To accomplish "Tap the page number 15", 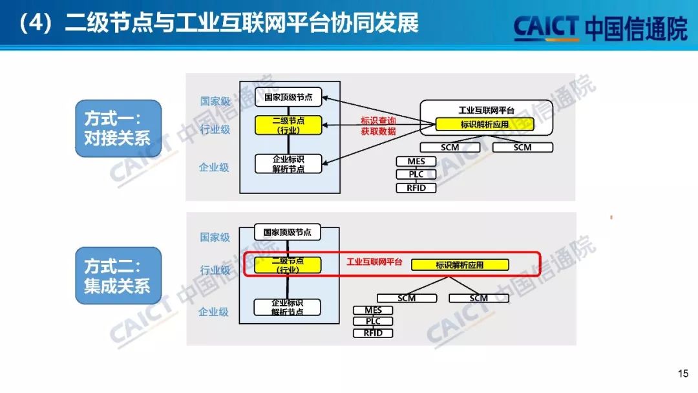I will click(x=682, y=374).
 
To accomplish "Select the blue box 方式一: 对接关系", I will click(x=117, y=128).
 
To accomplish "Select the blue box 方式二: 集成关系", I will click(x=117, y=275).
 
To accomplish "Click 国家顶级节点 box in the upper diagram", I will click(x=288, y=98).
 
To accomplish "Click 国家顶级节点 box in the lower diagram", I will click(x=288, y=232).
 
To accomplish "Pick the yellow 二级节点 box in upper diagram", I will click(x=288, y=125).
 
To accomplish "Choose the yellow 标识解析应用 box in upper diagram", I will click(x=485, y=124).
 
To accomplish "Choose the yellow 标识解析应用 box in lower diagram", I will click(x=460, y=265).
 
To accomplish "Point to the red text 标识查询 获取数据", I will click(x=378, y=126).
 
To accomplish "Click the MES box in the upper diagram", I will click(x=416, y=162).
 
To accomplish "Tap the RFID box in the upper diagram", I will click(x=416, y=188).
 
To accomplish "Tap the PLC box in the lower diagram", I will click(x=373, y=321).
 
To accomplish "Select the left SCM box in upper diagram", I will click(x=450, y=147).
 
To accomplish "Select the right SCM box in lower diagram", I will click(x=478, y=298).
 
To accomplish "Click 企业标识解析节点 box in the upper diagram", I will click(x=288, y=164).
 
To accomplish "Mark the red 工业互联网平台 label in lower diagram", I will click(x=374, y=262).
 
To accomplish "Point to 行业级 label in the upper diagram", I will click(x=215, y=129).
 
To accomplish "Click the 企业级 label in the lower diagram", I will click(x=214, y=312).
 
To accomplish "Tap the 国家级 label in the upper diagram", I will click(x=215, y=101).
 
